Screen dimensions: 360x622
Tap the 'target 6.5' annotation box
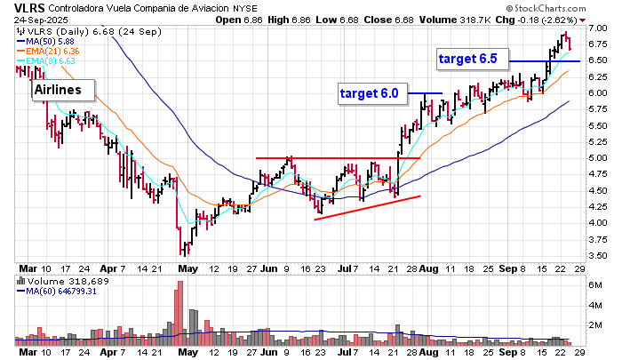(x=473, y=60)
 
